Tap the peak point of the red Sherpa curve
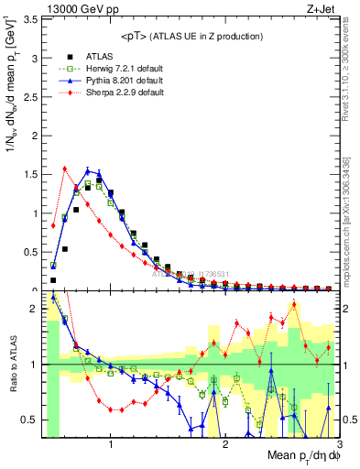65,168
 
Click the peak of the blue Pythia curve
88,169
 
